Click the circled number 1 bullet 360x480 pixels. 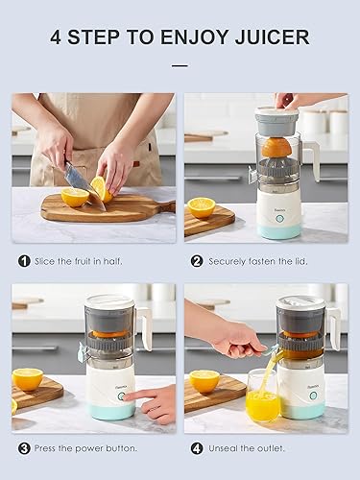tap(24, 260)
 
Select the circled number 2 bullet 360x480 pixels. tap(197, 260)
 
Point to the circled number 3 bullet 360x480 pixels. tap(24, 446)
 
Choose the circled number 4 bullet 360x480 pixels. tap(197, 446)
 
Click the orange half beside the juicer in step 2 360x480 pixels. tap(202, 206)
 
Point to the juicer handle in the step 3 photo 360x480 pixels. tap(144, 326)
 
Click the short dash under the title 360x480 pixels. tap(180, 66)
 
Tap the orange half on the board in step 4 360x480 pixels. tap(204, 380)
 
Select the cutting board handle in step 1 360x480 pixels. tap(165, 205)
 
